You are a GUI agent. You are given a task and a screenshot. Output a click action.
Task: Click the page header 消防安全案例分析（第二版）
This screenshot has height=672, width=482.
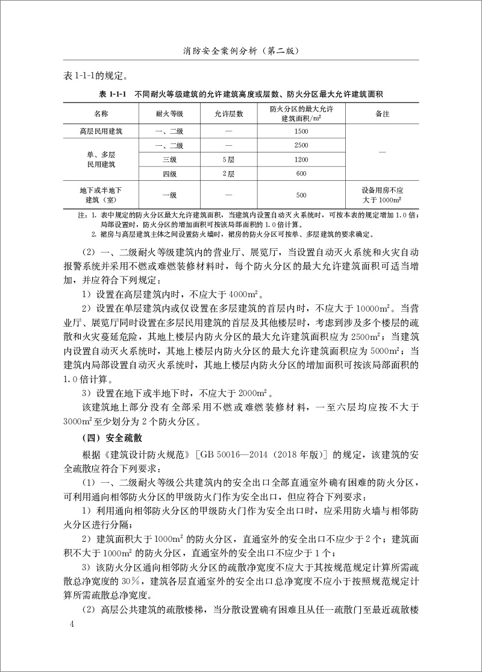tap(241, 52)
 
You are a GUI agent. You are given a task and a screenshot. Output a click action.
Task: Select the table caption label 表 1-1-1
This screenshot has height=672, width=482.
tap(113, 95)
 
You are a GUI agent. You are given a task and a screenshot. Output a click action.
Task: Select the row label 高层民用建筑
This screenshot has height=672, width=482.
tap(101, 131)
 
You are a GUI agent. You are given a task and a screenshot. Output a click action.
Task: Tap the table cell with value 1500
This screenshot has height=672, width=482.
tap(302, 131)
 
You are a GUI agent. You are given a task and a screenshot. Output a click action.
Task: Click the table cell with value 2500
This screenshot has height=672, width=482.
tap(302, 145)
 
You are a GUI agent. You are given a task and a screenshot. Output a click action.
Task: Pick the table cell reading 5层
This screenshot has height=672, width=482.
tap(228, 160)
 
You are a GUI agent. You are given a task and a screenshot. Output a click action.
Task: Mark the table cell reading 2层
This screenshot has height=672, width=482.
tap(228, 174)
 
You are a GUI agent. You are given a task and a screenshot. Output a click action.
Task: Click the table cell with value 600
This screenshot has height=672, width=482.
tap(302, 174)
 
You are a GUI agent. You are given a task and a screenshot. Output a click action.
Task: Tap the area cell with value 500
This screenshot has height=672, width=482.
tap(302, 195)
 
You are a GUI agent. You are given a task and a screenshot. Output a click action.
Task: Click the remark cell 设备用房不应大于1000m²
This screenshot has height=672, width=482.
tap(382, 195)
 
